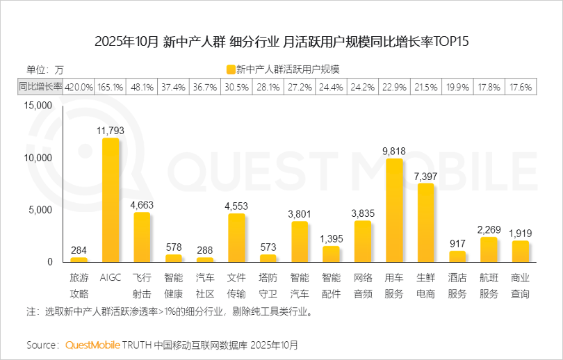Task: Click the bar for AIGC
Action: pyautogui.click(x=111, y=200)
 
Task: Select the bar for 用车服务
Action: pyautogui.click(x=393, y=211)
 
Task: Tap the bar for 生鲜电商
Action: pyautogui.click(x=425, y=223)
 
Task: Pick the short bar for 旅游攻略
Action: pyautogui.click(x=79, y=260)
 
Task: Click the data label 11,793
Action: pyautogui.click(x=111, y=130)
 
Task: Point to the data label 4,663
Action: pyautogui.click(x=142, y=204)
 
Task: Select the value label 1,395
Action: pyautogui.click(x=331, y=238)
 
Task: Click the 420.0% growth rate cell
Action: pyautogui.click(x=79, y=87)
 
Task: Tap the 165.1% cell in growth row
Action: pyautogui.click(x=111, y=87)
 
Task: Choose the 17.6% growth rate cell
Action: pyautogui.click(x=520, y=87)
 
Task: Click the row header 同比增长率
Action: pyautogui.click(x=40, y=87)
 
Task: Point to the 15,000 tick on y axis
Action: pyautogui.click(x=38, y=106)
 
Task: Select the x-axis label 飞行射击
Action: pyautogui.click(x=142, y=285)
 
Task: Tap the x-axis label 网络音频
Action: pyautogui.click(x=363, y=285)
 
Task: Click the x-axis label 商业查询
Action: pyautogui.click(x=520, y=285)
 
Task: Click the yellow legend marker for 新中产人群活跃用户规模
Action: pyautogui.click(x=230, y=69)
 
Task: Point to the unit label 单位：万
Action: pyautogui.click(x=44, y=69)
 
